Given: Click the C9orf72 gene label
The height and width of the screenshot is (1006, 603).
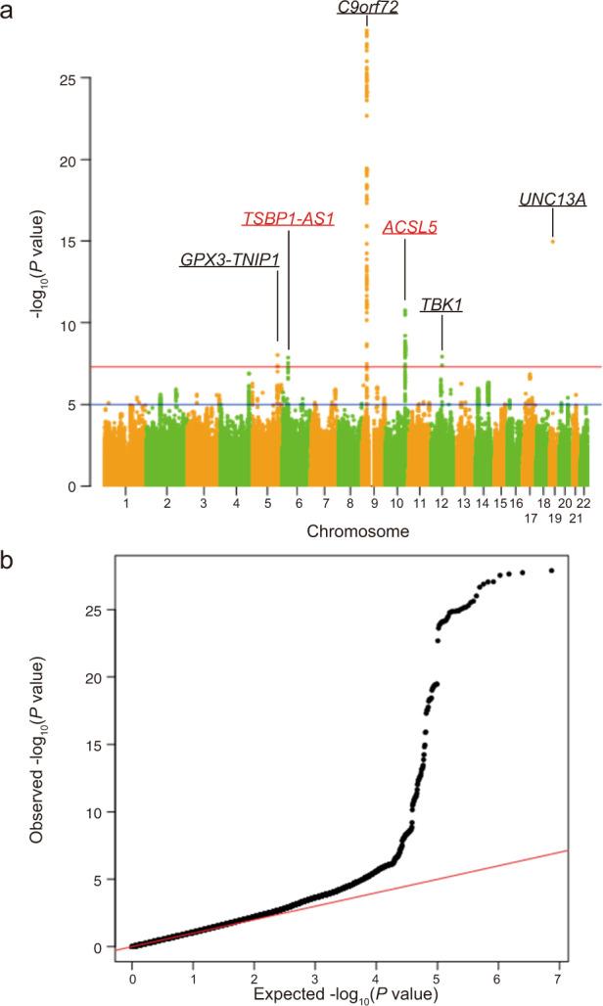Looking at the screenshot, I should coord(366,8).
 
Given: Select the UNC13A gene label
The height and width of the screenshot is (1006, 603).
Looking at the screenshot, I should coord(552,201).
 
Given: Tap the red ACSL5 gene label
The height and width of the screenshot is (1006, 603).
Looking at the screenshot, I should coord(409,227).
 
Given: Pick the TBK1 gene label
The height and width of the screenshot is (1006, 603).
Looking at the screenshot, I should coord(441,305).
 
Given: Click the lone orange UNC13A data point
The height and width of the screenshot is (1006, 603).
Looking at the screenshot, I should coord(552,241).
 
